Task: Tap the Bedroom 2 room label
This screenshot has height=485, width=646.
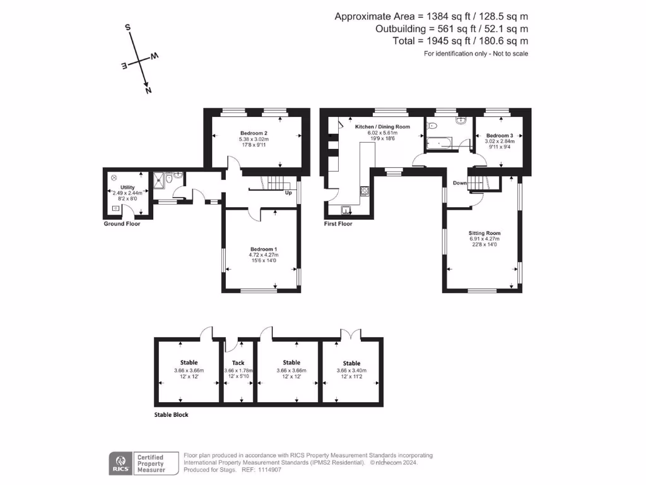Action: [x=254, y=133]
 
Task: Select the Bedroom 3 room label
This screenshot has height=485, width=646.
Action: [x=499, y=136]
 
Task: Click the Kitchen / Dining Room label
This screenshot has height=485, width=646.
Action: [x=382, y=127]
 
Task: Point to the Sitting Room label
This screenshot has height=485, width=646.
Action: [x=484, y=233]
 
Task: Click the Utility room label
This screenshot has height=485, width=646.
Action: [x=128, y=188]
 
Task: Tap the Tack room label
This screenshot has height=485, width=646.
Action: [x=238, y=363]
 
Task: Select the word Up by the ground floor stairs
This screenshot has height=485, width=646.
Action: [x=288, y=193]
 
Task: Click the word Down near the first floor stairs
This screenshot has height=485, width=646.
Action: [x=459, y=183]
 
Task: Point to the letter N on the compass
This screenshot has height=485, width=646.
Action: [x=148, y=90]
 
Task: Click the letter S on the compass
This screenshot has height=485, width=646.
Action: [x=128, y=28]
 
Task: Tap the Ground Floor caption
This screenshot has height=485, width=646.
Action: [x=122, y=224]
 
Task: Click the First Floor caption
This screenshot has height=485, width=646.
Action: [x=338, y=224]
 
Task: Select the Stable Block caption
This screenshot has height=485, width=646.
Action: [x=172, y=415]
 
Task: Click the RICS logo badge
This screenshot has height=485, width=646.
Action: [x=120, y=463]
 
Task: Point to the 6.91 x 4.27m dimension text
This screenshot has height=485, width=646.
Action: [x=484, y=239]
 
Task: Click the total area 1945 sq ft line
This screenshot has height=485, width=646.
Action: [x=460, y=41]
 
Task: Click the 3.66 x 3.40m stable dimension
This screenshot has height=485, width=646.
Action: [x=351, y=371]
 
